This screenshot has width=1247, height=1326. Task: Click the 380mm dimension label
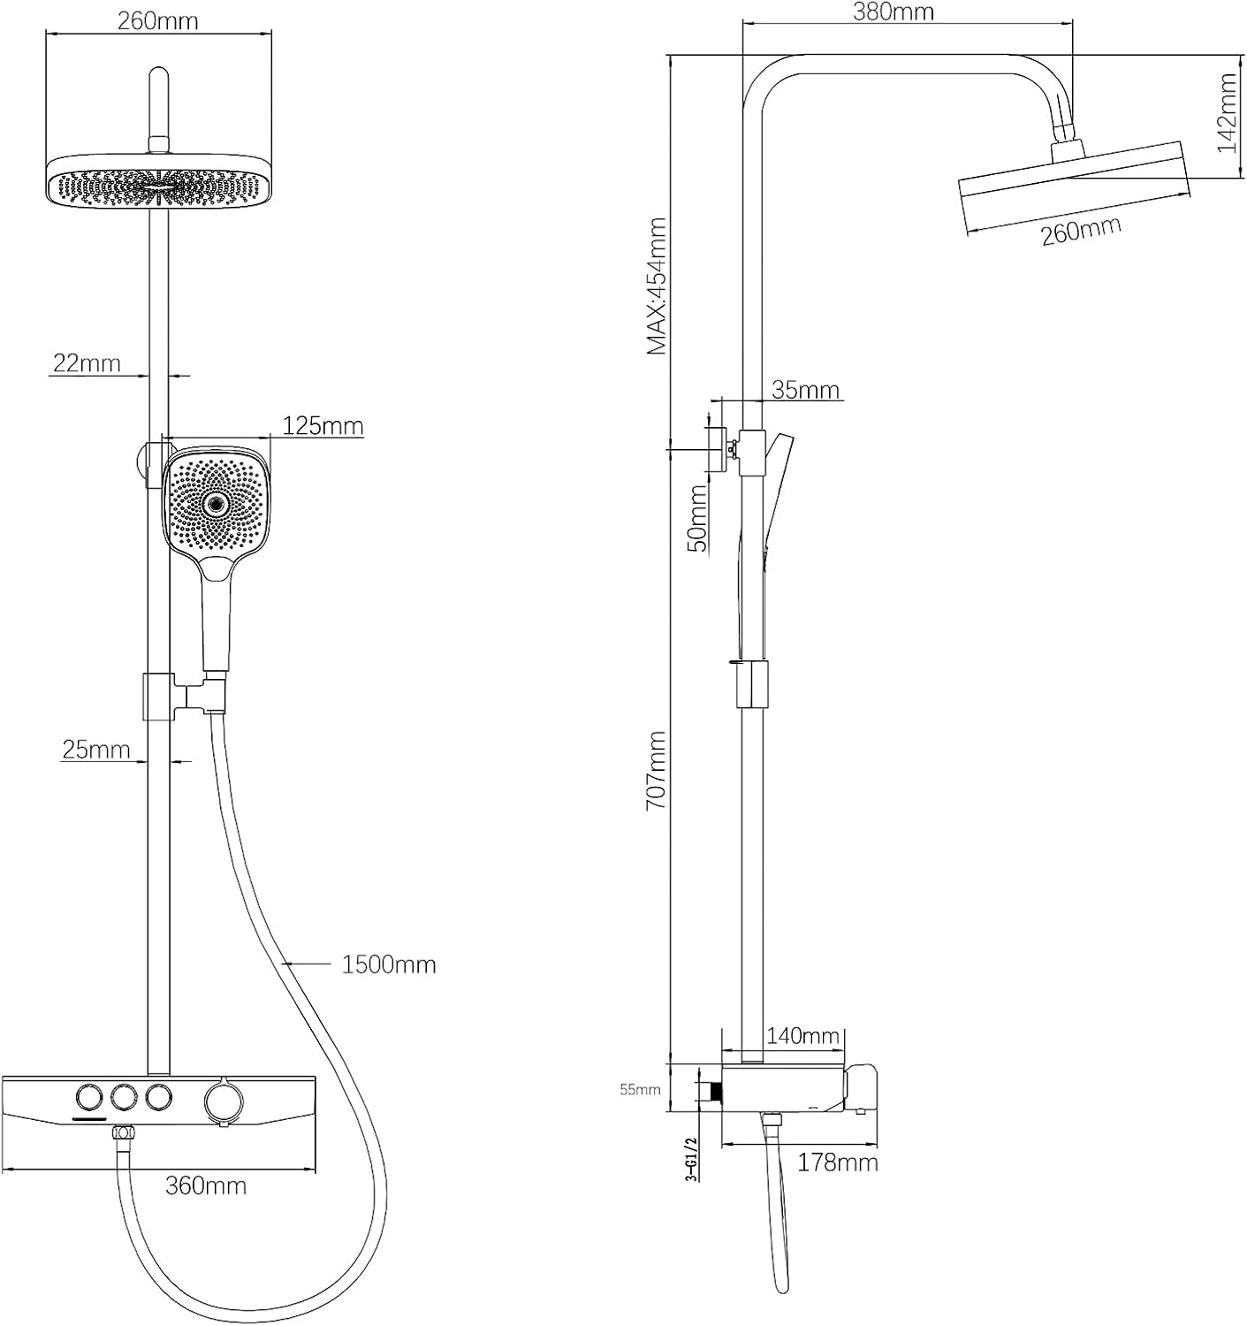click(x=893, y=12)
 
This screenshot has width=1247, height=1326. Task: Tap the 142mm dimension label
click(x=1228, y=112)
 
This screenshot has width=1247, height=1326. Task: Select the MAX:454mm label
click(x=656, y=286)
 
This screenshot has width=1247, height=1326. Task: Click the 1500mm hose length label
click(x=389, y=964)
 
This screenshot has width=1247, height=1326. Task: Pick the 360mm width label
click(x=206, y=1185)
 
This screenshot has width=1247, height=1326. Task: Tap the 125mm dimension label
click(x=323, y=426)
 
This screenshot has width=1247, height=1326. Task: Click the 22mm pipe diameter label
click(x=86, y=362)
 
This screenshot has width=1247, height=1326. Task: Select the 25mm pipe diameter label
click(x=95, y=750)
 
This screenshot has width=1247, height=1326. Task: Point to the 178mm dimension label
click(x=837, y=1162)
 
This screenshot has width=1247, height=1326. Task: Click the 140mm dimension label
click(x=802, y=1035)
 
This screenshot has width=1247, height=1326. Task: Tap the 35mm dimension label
click(x=805, y=390)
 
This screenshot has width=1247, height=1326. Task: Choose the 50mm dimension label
click(x=697, y=518)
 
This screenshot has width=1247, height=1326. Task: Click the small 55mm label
click(x=640, y=1090)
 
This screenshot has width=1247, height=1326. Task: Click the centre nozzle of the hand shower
click(x=215, y=505)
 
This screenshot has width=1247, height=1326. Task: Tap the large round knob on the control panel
click(x=221, y=1101)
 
